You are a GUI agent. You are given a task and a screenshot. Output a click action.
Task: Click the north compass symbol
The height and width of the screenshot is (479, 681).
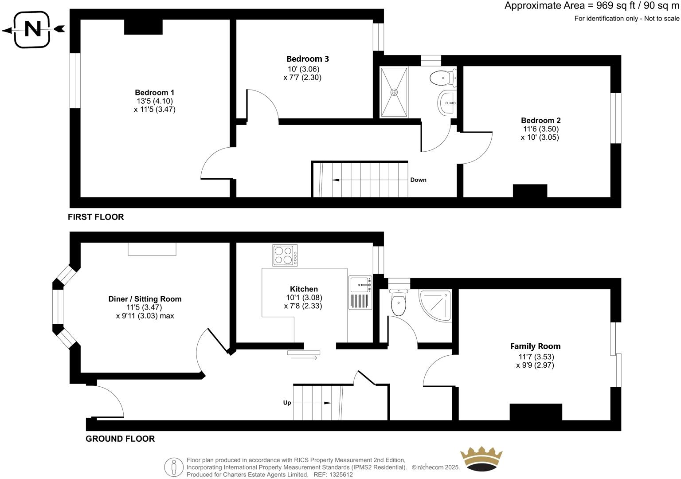(x=32, y=30)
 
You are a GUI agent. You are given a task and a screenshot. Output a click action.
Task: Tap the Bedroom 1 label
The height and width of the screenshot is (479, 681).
(x=154, y=93)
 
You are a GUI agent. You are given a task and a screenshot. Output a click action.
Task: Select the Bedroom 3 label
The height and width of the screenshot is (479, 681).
(x=307, y=59)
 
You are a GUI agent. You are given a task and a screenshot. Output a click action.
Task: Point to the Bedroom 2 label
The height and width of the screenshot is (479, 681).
(x=540, y=121)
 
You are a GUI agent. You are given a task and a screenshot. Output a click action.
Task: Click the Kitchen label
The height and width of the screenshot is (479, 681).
(x=304, y=289)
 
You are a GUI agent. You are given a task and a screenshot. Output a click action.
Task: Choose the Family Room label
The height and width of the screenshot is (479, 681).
(x=535, y=346)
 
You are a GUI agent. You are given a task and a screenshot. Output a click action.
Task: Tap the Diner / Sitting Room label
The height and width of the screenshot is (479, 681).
(x=145, y=299)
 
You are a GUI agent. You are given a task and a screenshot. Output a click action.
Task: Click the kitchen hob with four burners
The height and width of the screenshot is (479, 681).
(x=285, y=255)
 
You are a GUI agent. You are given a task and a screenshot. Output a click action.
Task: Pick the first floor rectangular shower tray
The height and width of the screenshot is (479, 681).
(x=394, y=92)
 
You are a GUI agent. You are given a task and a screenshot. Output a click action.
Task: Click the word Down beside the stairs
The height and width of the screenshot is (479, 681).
(x=418, y=180)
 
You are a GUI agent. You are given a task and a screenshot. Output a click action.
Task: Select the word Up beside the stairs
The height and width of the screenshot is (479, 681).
(x=287, y=403)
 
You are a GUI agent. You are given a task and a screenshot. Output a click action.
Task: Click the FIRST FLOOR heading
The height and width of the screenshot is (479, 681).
(x=96, y=217)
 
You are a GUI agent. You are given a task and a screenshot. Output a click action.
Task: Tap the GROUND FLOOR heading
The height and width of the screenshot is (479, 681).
(x=120, y=439)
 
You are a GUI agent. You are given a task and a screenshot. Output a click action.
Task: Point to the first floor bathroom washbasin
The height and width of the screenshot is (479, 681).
(x=447, y=103)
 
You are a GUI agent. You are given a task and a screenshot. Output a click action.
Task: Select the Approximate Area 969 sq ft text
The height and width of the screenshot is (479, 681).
(x=591, y=6)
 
